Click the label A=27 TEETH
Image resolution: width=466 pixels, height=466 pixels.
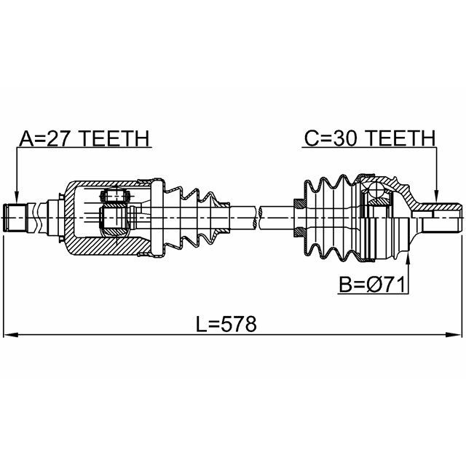tap(84, 138)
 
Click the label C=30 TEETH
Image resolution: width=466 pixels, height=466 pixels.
tap(370, 138)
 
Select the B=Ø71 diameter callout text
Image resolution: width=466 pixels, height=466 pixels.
tap(372, 285)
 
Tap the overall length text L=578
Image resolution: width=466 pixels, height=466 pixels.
tap(226, 324)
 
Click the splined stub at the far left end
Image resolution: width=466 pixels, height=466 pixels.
tap(15, 218)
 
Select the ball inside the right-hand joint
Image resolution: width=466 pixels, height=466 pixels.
tap(376, 189)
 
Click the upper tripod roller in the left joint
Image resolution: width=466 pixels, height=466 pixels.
tap(114, 194)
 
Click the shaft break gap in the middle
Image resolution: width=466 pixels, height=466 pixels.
tap(258, 218)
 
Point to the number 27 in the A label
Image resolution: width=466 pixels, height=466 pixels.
tap(58, 138)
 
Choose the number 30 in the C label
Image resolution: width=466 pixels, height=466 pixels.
tap(344, 138)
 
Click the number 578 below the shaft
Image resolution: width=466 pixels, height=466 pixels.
tap(239, 324)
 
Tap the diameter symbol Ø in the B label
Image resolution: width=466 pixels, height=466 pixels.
tap(376, 285)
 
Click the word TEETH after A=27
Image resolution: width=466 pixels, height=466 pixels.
tap(115, 138)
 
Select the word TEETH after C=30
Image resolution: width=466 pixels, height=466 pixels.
tap(401, 138)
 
